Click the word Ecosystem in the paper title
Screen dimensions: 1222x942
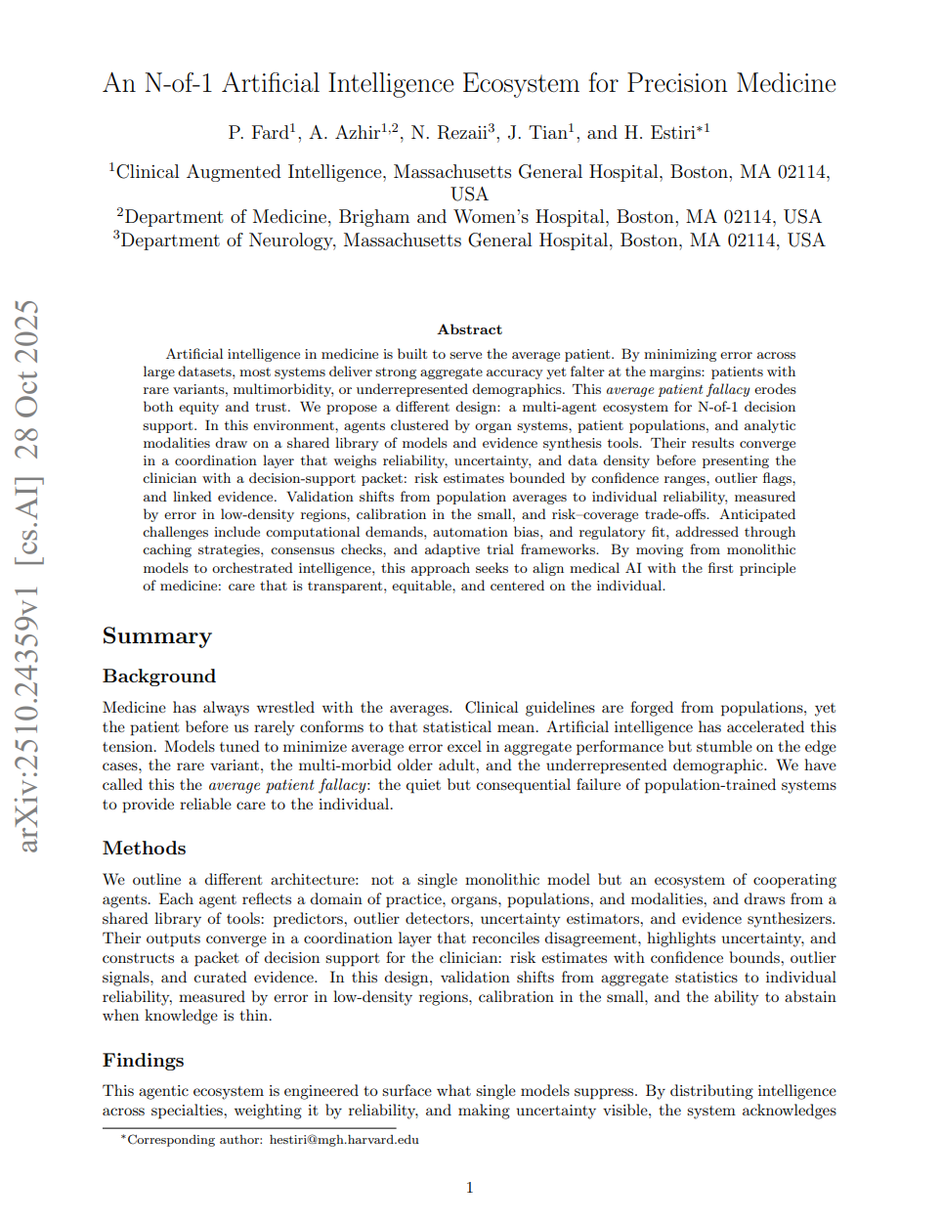[521, 84]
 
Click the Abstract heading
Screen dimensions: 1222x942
[470, 330]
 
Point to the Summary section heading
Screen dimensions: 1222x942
[157, 636]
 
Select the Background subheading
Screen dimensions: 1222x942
[159, 676]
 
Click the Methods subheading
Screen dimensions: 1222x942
[145, 849]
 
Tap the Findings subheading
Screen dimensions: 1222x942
[144, 1061]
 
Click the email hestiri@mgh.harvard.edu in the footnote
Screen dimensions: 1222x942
[344, 1140]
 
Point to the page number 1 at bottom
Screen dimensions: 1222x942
[470, 1188]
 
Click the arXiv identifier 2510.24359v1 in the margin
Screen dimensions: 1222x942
[28, 718]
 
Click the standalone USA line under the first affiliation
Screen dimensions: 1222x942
[470, 195]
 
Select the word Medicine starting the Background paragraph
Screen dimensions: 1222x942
[134, 708]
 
